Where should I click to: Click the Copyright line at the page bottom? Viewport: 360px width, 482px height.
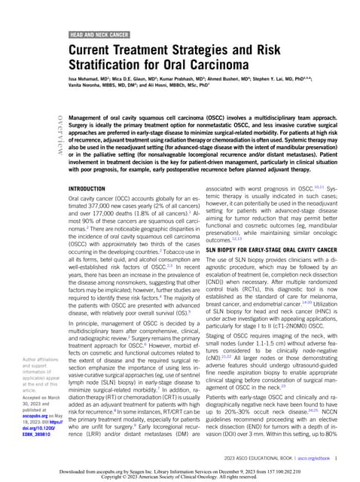(x=180, y=477)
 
